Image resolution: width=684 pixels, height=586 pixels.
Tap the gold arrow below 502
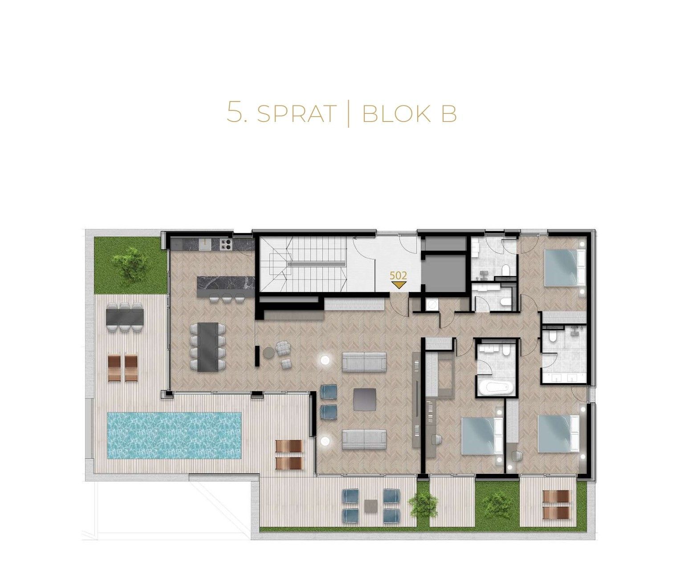tap(399, 285)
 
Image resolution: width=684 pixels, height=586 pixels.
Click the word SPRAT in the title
tap(297, 113)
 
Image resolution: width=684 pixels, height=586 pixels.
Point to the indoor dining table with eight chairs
tap(208, 347)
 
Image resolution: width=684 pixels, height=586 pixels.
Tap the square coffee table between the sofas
tap(365, 399)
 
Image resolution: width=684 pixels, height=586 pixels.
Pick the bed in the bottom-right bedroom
tap(558, 433)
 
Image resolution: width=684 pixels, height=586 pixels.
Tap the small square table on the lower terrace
tap(371, 505)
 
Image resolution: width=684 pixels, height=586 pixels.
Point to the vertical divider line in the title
tap(348, 114)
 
